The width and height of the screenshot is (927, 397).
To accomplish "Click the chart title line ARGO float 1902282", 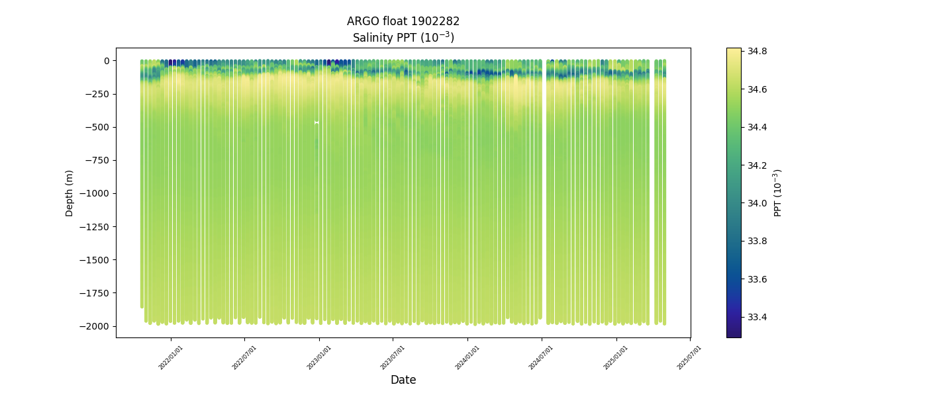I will point(403,21).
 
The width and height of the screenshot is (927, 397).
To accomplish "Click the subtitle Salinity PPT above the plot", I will point(403,38).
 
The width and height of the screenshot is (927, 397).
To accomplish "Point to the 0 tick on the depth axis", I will point(105,61).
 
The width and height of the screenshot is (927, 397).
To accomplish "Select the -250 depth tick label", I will point(97,94).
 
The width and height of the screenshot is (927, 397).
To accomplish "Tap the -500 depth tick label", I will point(97,127).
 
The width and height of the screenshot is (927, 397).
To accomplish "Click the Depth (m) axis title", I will point(70,193).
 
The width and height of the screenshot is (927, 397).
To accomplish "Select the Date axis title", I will point(403,380).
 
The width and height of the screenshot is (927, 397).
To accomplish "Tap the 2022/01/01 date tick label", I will point(171,357).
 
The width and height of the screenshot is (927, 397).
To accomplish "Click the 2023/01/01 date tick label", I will point(319,357).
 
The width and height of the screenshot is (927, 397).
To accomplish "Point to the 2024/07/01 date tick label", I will point(541,357).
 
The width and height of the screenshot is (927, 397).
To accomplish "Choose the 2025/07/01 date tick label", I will point(689,357).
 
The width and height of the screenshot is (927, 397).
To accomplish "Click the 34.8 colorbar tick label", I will point(757,51).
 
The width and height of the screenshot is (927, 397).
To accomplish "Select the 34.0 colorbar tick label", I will point(757,203).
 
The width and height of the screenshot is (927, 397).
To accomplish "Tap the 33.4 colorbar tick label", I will point(757,317).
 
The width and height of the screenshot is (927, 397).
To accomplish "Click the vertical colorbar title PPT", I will point(778,193).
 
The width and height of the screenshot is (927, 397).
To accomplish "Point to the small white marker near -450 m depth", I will point(317,122).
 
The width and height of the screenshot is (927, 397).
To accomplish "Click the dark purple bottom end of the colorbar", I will point(734,333).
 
